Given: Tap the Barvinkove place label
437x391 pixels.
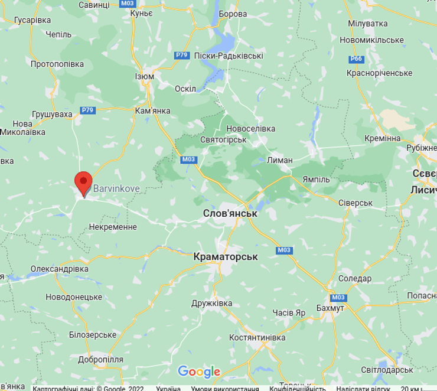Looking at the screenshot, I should (x=116, y=190).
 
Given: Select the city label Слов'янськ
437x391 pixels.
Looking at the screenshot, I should (x=229, y=213).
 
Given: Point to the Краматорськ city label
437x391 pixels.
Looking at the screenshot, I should (x=226, y=257).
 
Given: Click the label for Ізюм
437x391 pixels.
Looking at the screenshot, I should (x=145, y=77).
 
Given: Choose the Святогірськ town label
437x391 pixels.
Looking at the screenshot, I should (x=223, y=140).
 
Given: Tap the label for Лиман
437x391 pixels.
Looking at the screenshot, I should (x=280, y=160).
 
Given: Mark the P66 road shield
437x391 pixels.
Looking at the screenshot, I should (x=356, y=59).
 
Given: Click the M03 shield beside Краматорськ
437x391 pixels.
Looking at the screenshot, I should (x=284, y=250).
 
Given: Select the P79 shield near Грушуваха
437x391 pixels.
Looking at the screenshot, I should (x=88, y=110).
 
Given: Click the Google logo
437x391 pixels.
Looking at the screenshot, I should (x=199, y=372).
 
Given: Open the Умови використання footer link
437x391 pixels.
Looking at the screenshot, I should (x=225, y=388).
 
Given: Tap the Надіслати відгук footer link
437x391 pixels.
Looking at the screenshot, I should (x=363, y=388).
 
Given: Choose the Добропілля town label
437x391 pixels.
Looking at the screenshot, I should (x=100, y=359).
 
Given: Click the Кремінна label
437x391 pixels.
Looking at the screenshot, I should (x=383, y=138).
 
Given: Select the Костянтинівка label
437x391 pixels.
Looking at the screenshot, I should (x=257, y=337).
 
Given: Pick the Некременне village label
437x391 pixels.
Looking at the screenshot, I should (x=113, y=227).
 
